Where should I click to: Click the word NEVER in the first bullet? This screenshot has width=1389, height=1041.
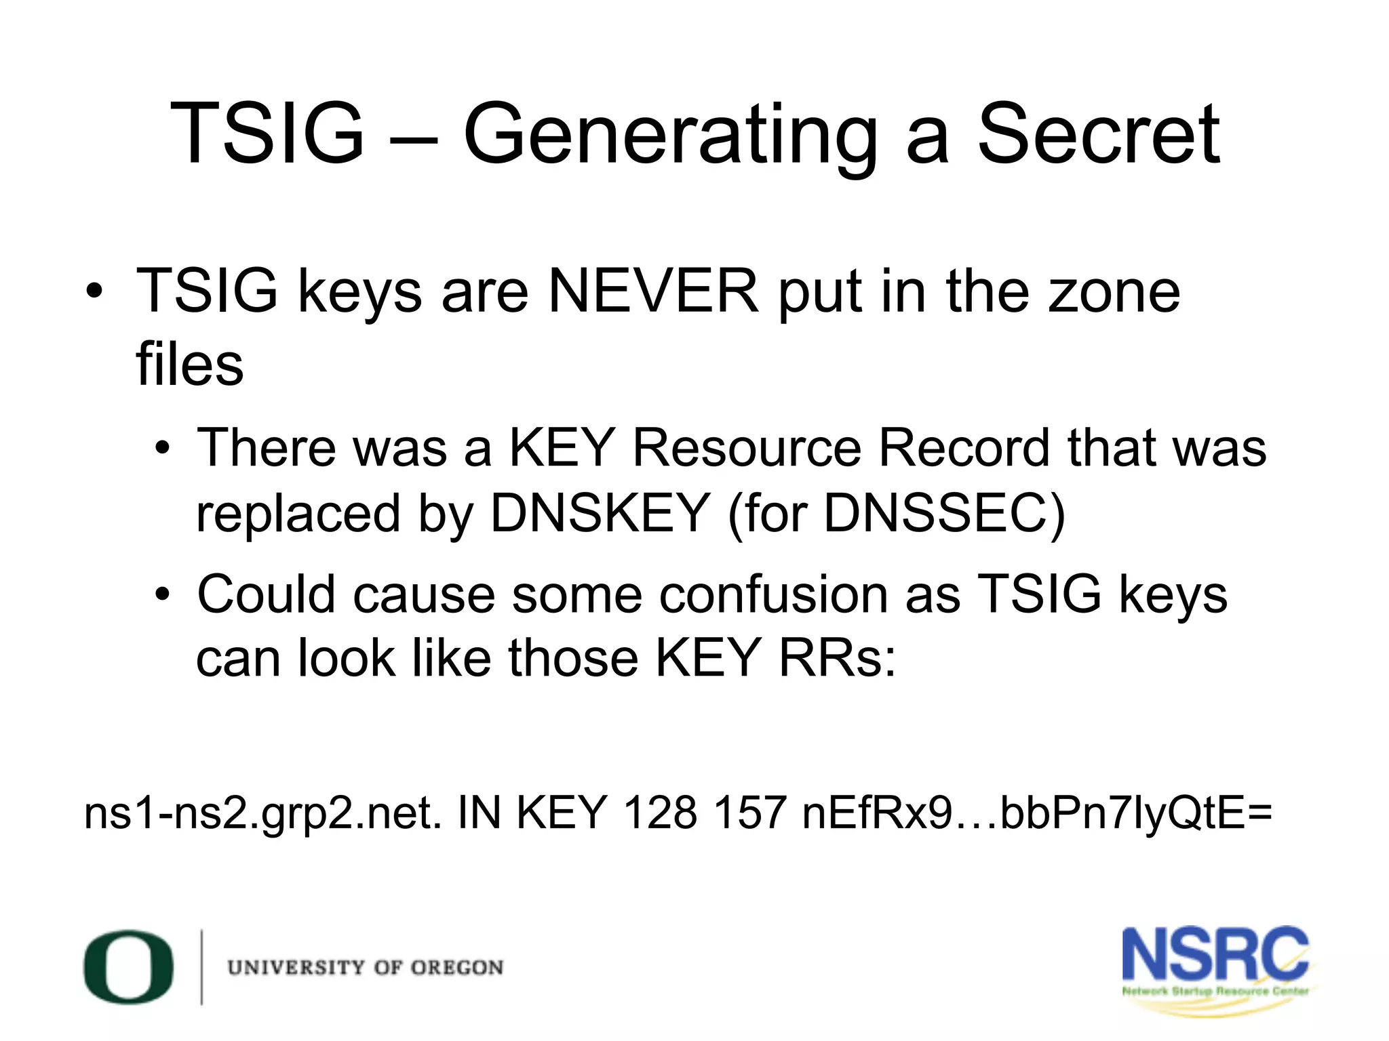(x=653, y=291)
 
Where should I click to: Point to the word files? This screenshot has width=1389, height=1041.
(x=189, y=364)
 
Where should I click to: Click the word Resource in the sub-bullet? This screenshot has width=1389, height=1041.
(x=746, y=448)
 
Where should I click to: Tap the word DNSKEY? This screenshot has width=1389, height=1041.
(x=600, y=513)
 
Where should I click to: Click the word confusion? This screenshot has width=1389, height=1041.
(x=773, y=594)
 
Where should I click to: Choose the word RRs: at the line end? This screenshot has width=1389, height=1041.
(x=837, y=658)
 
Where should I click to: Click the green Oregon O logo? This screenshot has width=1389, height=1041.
(x=128, y=967)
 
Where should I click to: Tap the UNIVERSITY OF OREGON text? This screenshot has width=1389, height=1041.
(x=366, y=968)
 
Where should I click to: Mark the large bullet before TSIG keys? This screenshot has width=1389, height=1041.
(x=94, y=292)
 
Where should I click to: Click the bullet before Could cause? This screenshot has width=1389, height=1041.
(x=161, y=595)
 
